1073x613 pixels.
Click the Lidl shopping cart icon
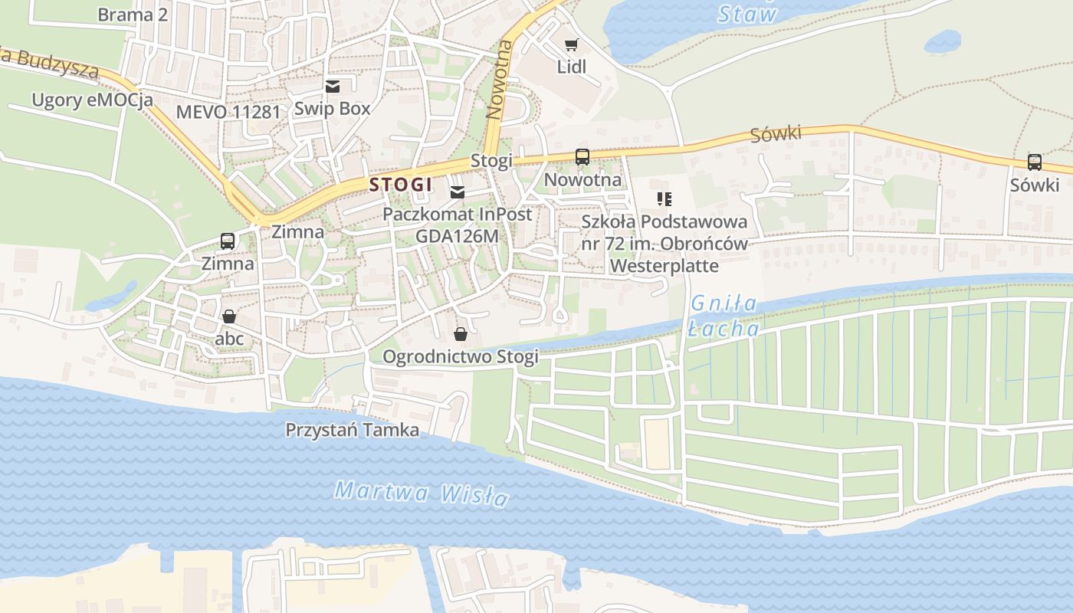tap(571, 45)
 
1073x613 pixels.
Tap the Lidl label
tap(571, 67)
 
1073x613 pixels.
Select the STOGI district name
tap(401, 185)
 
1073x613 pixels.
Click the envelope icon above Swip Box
tap(333, 87)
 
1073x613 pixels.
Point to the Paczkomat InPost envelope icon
tap(458, 192)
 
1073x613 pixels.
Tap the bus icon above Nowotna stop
tap(582, 157)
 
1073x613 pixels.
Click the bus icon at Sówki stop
tap(1034, 162)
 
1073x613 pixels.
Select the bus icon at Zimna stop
tap(228, 241)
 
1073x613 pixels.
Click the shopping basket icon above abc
tap(228, 316)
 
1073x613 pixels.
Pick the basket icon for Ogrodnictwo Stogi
tap(461, 334)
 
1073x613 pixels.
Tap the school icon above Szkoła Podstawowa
tap(664, 199)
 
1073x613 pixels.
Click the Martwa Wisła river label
tap(421, 493)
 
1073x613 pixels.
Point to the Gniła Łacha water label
tap(724, 316)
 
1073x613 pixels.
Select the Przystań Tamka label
tap(352, 430)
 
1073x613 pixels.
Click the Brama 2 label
tap(133, 15)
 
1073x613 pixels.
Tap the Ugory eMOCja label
tap(92, 100)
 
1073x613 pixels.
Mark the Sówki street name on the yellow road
tap(776, 135)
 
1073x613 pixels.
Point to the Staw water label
tap(747, 14)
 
